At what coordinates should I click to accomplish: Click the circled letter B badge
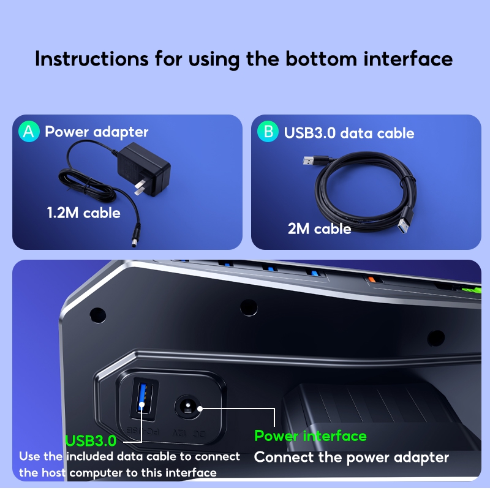[268, 132]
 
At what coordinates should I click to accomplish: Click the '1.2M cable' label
[83, 213]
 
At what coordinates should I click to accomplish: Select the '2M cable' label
[319, 229]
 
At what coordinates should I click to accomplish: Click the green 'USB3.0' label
[91, 440]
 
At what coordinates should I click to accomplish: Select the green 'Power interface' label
[310, 435]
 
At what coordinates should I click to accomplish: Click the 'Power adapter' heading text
[96, 132]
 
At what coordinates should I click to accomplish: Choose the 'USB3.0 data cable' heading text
[349, 133]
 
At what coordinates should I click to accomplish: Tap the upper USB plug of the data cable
[311, 162]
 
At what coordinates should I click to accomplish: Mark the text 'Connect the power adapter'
[351, 458]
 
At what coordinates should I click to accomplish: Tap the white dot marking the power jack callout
[199, 407]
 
